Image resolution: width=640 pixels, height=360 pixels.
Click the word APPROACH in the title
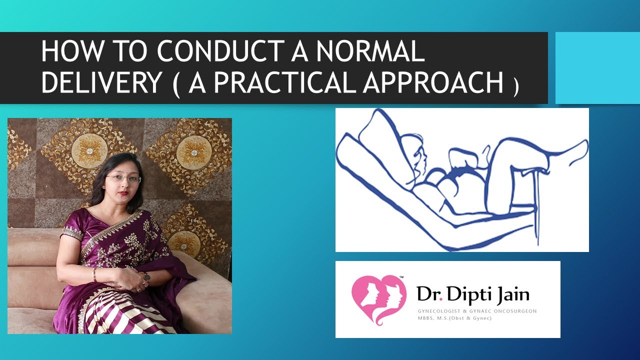pos(433,82)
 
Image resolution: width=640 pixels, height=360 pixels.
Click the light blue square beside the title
pos(597,68)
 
